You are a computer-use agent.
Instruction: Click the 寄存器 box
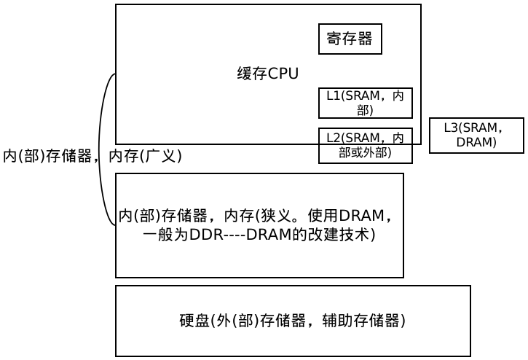click(x=350, y=39)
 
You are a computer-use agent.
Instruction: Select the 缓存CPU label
click(x=267, y=74)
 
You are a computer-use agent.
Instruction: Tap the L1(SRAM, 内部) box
click(x=366, y=103)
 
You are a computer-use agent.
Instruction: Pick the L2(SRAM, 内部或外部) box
click(x=366, y=145)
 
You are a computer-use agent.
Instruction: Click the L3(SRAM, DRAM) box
click(x=476, y=136)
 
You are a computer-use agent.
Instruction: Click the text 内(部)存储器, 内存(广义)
click(x=92, y=156)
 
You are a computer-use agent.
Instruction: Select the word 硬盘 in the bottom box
click(x=194, y=320)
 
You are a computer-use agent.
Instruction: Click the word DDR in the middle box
click(x=205, y=235)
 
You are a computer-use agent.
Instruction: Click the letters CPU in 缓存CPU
click(x=283, y=74)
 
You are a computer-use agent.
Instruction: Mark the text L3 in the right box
click(x=451, y=128)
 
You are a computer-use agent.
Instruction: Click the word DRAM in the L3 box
click(x=476, y=142)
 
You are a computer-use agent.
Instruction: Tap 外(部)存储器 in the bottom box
click(x=258, y=320)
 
